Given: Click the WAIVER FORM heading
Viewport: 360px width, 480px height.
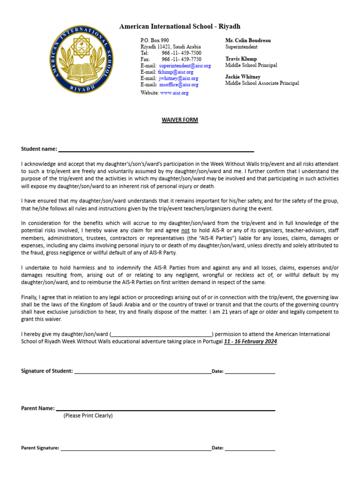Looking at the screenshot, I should pos(180,120).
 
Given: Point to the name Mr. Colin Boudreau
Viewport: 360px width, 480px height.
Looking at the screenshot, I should pos(248,41).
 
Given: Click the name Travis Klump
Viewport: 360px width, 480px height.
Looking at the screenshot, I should pos(241,59).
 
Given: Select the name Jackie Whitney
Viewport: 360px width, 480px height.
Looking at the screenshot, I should pos(243,77).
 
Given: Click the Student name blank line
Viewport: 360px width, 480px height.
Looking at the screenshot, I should pos(156,150).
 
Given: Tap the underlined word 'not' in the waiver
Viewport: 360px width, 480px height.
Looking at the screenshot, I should pos(186,231).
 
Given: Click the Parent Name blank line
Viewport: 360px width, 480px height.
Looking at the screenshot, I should pos(165,410).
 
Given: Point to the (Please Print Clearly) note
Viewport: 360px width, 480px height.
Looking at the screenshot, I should pos(88,416).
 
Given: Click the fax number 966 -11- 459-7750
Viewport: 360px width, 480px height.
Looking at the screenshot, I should pos(181,60).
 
